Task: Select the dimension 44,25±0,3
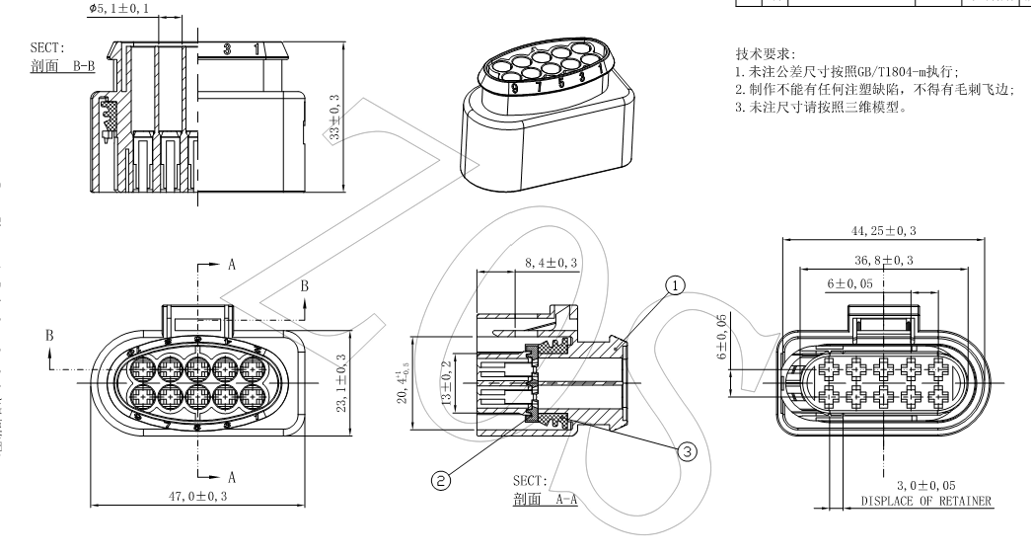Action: [x=882, y=230]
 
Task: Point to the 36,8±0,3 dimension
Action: [x=882, y=259]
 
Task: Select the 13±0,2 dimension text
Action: [x=445, y=385]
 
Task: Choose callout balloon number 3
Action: [x=687, y=449]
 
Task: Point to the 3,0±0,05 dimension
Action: [x=925, y=485]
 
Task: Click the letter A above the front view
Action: [x=232, y=265]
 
